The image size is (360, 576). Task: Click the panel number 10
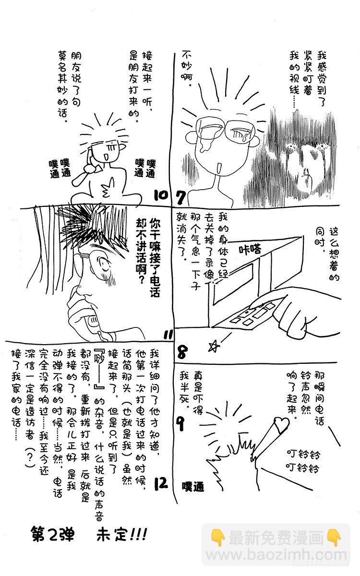(x=161, y=195)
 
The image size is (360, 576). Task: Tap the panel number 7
(x=180, y=197)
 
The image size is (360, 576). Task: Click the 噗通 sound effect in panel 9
(x=193, y=487)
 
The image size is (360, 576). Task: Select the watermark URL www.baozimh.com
(x=278, y=559)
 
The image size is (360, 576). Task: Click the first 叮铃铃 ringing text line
(x=303, y=454)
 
